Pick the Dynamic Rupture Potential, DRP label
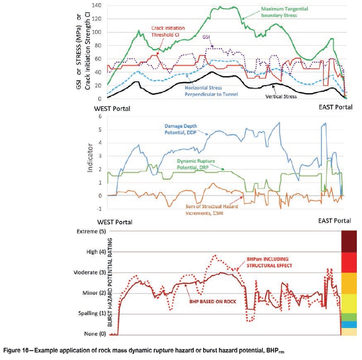coord(197,164)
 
